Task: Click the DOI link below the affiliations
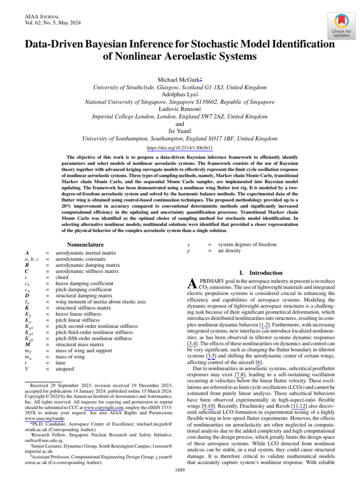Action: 180,147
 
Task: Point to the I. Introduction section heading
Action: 261,273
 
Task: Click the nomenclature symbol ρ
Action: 188,251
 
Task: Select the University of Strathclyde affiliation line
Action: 180,87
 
